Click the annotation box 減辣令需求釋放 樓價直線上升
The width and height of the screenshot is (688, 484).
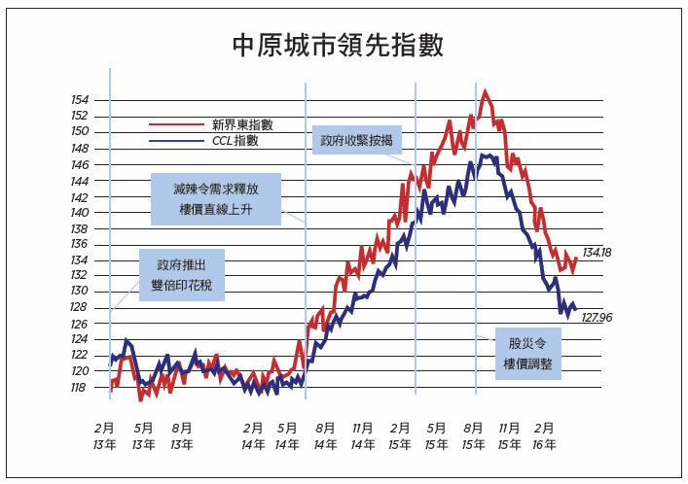(215, 199)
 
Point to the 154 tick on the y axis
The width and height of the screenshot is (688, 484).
(80, 100)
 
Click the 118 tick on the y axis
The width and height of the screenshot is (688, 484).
(80, 387)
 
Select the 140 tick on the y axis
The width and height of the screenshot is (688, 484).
(80, 212)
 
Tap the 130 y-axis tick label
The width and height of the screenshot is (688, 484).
(80, 292)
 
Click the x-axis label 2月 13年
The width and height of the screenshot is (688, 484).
(105, 435)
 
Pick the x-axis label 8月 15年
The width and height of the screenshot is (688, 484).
(474, 435)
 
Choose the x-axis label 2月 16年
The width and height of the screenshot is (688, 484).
(545, 435)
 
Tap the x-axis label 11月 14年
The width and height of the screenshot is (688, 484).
(363, 435)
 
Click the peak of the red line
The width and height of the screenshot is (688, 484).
(485, 91)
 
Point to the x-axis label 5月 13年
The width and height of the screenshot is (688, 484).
(143, 435)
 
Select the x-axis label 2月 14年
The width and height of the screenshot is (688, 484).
(253, 435)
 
